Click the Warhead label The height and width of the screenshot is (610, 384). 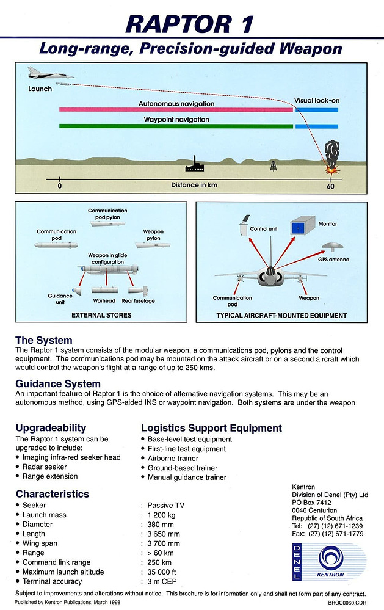click(x=104, y=300)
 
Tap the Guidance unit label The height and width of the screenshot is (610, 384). click(x=60, y=299)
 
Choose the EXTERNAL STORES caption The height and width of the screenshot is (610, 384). click(x=101, y=316)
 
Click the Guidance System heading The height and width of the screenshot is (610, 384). click(x=58, y=384)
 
